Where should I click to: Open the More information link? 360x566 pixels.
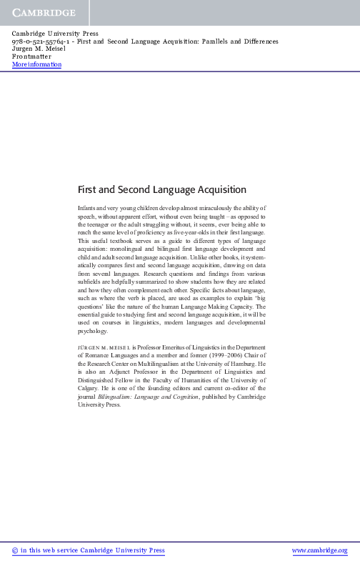[37, 65]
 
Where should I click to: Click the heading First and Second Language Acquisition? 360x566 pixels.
[161, 190]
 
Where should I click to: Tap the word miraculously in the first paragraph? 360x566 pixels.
[203, 207]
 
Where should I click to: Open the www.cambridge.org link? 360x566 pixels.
[320, 550]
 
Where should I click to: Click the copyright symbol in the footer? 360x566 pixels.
[16, 550]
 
